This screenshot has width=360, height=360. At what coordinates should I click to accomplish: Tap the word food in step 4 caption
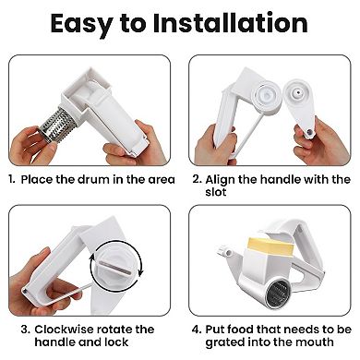coord(250,330)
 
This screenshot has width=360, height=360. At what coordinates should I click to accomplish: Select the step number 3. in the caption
coord(10,330)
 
